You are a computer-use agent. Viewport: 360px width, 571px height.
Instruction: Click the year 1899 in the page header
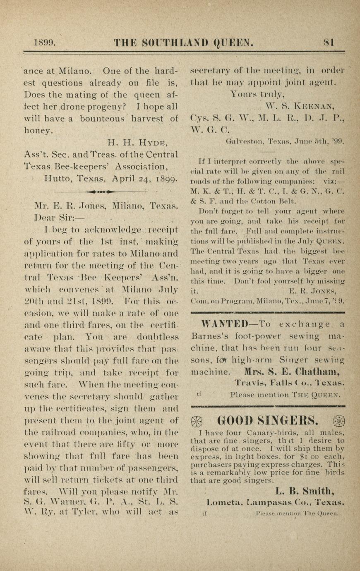(44, 42)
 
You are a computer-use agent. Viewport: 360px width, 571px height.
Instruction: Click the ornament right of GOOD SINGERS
(338, 421)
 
